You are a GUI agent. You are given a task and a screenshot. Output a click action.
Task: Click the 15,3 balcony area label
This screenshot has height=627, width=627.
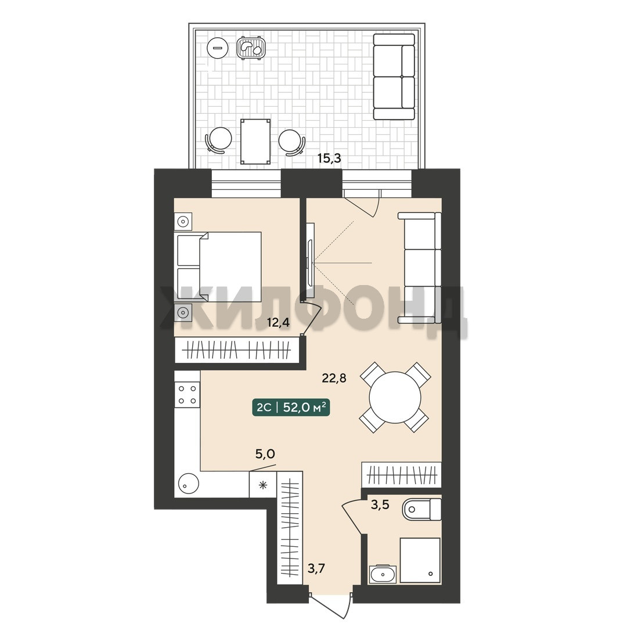(x=329, y=158)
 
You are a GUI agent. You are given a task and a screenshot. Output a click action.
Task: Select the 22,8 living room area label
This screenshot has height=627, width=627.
(x=334, y=377)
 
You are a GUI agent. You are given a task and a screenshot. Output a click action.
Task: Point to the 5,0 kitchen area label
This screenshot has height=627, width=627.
(x=265, y=454)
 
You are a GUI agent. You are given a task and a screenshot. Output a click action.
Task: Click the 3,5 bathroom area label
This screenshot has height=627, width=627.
(x=380, y=505)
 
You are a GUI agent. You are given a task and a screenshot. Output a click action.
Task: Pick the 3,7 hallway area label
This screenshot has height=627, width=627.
(x=316, y=568)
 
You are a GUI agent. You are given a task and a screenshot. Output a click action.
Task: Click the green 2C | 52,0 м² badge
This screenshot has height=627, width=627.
(x=291, y=408)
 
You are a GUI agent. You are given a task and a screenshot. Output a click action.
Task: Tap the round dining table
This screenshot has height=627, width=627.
(x=395, y=398)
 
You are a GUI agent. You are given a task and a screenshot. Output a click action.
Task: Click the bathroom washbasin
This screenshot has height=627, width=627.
(x=383, y=574)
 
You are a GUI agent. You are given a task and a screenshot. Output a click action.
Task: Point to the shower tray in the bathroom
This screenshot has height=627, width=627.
(x=420, y=560)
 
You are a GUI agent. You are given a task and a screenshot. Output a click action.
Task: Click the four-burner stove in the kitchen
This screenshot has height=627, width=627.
(x=187, y=395)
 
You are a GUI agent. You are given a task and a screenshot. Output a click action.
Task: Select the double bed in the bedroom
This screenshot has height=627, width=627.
(x=218, y=266)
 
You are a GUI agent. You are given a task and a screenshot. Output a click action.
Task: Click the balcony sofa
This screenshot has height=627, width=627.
(x=394, y=77)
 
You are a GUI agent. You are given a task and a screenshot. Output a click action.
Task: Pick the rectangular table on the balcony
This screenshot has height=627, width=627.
(x=255, y=142)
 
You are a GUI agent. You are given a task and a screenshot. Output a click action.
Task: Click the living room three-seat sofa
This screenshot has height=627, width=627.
(x=420, y=268)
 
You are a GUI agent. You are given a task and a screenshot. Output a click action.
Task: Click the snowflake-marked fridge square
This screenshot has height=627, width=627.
(x=263, y=485)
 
